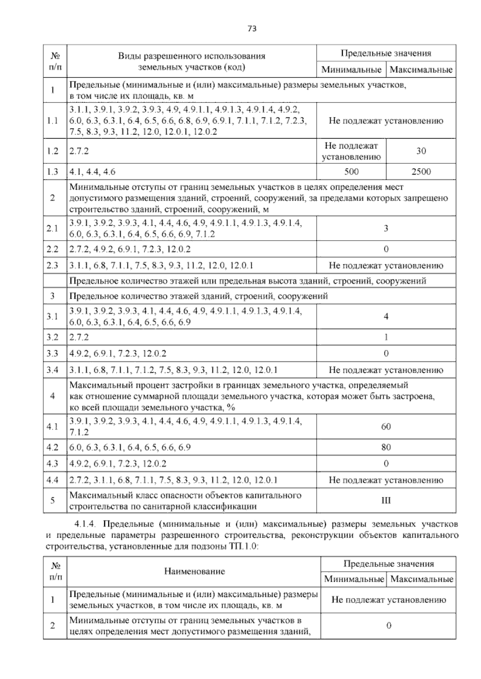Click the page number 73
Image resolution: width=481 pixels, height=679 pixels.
click(x=252, y=28)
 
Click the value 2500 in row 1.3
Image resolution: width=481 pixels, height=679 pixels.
click(x=421, y=172)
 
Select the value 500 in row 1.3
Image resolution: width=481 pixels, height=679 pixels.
click(x=351, y=172)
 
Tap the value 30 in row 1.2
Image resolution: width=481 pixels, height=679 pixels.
click(x=421, y=151)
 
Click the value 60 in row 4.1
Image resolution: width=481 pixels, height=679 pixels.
click(x=386, y=426)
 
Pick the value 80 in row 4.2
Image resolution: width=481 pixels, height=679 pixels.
click(x=386, y=447)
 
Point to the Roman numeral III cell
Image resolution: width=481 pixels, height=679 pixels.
click(x=386, y=500)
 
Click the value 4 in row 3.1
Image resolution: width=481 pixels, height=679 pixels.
click(x=386, y=316)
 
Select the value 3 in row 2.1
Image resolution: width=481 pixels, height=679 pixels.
click(x=386, y=228)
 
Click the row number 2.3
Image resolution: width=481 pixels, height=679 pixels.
click(x=53, y=265)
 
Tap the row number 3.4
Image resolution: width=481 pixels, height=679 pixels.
click(x=53, y=370)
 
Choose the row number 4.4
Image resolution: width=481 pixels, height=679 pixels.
click(x=53, y=480)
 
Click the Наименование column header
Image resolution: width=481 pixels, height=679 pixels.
click(x=194, y=571)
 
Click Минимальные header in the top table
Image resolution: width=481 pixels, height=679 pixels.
click(x=351, y=70)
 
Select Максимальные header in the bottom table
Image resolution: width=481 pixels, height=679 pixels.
click(x=422, y=579)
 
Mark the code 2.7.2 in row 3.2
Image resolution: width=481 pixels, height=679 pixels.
click(x=79, y=337)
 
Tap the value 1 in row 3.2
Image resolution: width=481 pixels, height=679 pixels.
click(x=386, y=337)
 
